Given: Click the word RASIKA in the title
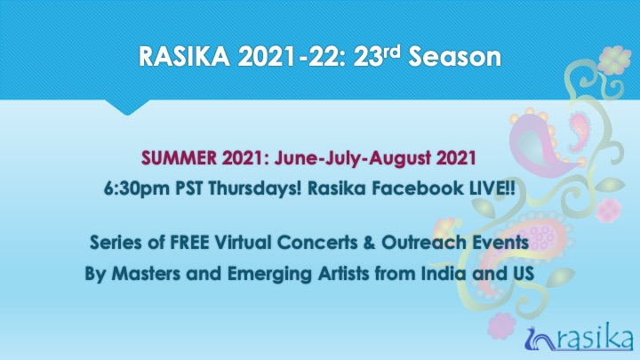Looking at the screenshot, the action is point(184,56).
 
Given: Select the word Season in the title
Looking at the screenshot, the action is point(455,56).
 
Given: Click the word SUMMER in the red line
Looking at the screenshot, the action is point(180,158).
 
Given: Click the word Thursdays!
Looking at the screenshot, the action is point(255,188).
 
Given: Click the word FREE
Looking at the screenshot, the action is point(189,243).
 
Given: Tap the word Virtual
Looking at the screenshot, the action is point(243,243).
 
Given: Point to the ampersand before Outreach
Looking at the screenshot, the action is point(369,243).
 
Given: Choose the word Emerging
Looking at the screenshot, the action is point(269,274).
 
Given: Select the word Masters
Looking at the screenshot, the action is point(146,273).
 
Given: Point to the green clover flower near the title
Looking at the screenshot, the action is point(614,60).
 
